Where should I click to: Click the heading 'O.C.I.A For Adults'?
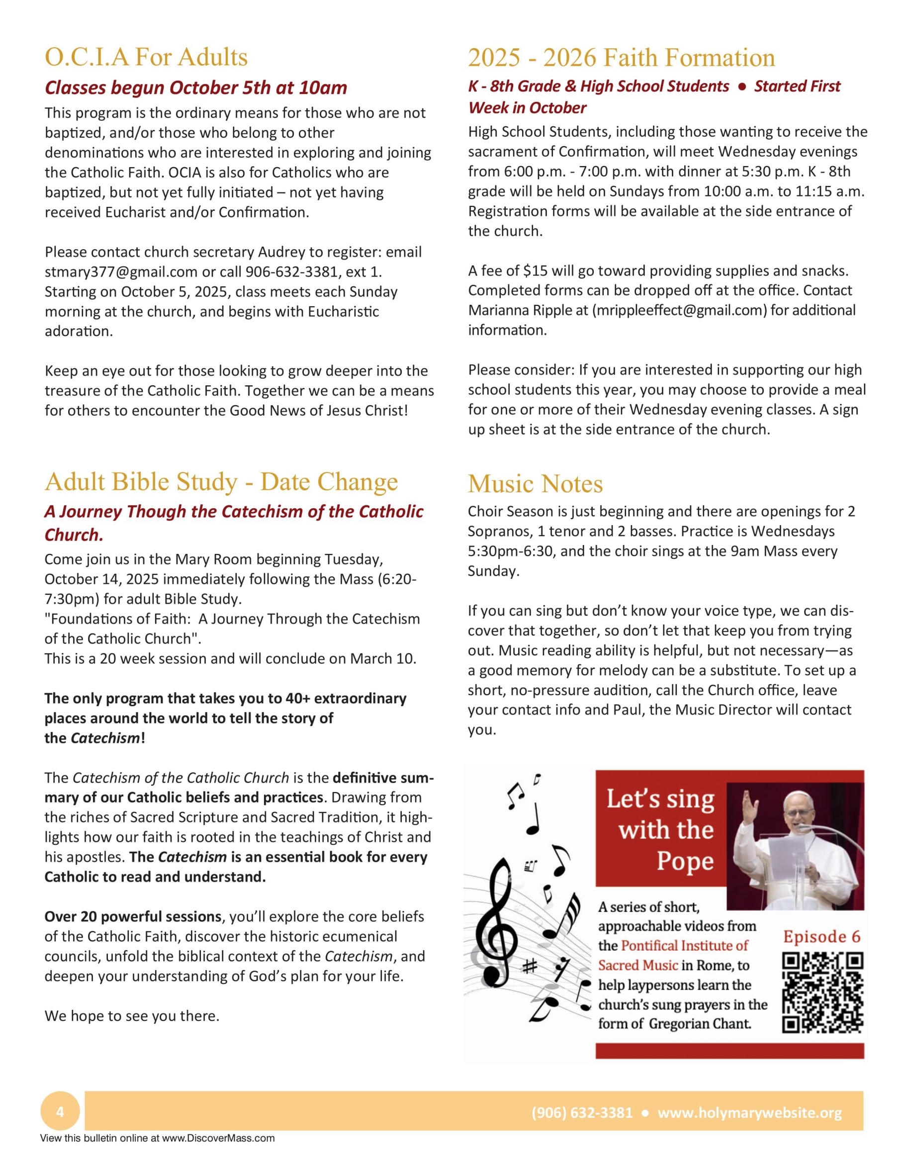(146, 57)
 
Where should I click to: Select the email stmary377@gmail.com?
(121, 272)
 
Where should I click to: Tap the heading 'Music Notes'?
(535, 484)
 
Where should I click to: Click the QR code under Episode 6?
(822, 992)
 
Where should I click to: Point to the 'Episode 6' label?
(821, 936)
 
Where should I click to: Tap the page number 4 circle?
(60, 1112)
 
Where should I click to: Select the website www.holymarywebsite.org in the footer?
(749, 1112)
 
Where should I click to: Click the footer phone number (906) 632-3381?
(582, 1112)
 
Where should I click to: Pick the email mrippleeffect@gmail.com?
(679, 310)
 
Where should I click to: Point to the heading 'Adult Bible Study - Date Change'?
(221, 481)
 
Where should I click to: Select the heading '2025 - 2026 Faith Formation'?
(622, 57)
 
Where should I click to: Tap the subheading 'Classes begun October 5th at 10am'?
(196, 88)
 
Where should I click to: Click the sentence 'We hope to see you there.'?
(132, 1016)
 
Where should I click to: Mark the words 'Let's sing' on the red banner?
(660, 800)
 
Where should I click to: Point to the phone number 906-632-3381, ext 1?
(314, 272)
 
